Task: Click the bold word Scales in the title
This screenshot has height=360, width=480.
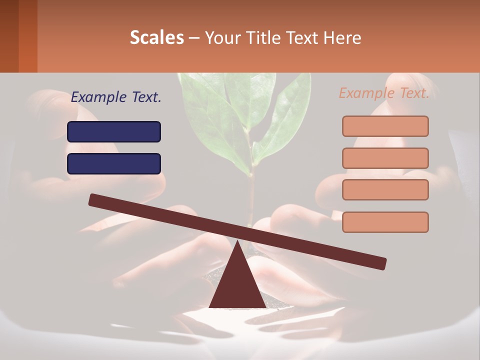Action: pyautogui.click(x=156, y=37)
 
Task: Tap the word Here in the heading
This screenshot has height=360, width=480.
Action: pyautogui.click(x=343, y=37)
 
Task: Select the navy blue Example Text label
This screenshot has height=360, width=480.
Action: pyautogui.click(x=116, y=97)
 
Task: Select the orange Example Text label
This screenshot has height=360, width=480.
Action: pyautogui.click(x=384, y=93)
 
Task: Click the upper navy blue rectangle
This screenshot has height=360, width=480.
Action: pyautogui.click(x=114, y=131)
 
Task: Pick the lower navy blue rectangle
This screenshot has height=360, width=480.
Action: pyautogui.click(x=114, y=163)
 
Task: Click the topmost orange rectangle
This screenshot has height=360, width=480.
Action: pyautogui.click(x=385, y=126)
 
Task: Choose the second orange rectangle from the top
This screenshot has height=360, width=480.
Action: pyautogui.click(x=385, y=158)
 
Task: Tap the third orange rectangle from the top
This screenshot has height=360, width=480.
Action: pyautogui.click(x=385, y=190)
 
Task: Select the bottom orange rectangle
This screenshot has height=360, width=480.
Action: pyautogui.click(x=385, y=222)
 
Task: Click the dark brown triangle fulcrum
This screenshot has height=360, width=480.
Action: pyautogui.click(x=237, y=285)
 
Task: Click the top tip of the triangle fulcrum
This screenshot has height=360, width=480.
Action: pyautogui.click(x=237, y=242)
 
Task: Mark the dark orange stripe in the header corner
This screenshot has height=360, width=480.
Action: pyautogui.click(x=27, y=36)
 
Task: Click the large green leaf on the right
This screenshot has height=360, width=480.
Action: pyautogui.click(x=287, y=117)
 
